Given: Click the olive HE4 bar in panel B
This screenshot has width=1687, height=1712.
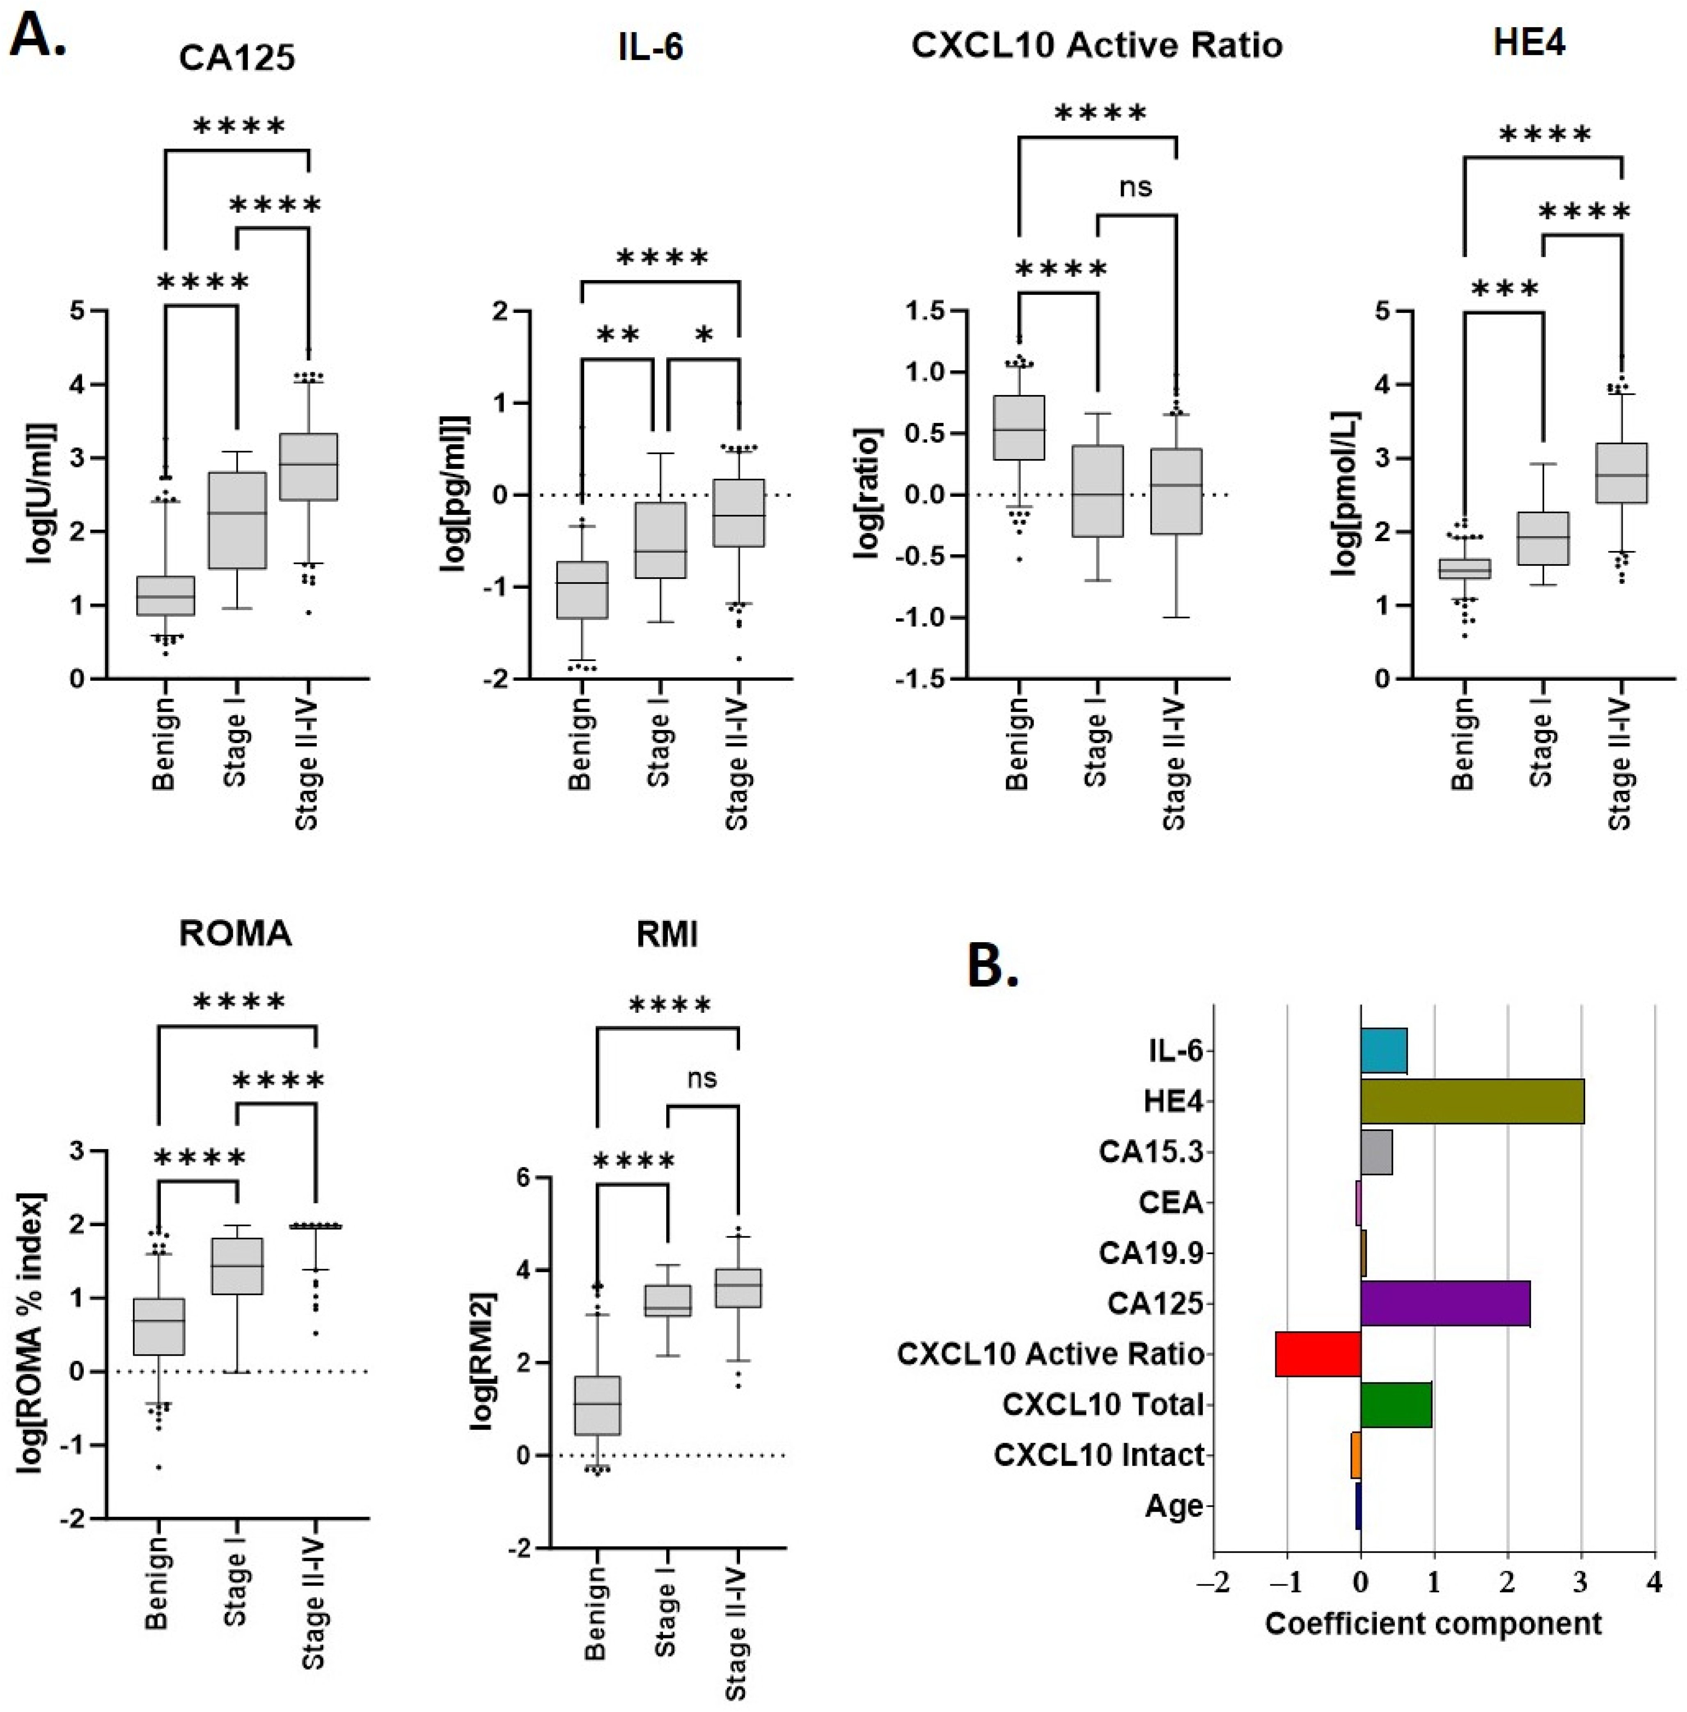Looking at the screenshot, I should [x=1472, y=1102].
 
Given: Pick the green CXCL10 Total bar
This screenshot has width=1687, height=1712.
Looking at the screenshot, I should [x=1396, y=1404].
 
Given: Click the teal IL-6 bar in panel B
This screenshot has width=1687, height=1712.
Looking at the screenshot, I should [x=1383, y=1051].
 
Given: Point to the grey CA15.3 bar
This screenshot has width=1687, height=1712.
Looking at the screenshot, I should [x=1376, y=1152].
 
